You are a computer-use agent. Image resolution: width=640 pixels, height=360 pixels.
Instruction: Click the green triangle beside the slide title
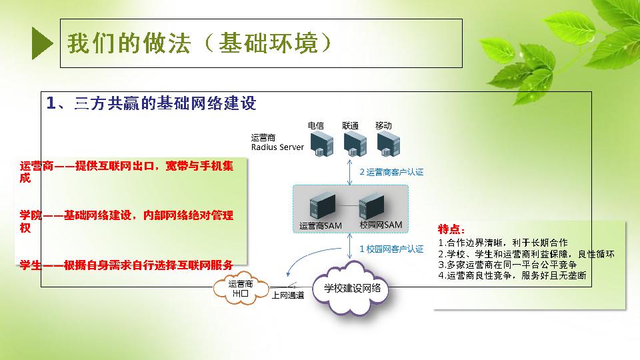click(x=41, y=43)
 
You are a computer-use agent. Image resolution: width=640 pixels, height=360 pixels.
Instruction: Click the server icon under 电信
click(x=321, y=145)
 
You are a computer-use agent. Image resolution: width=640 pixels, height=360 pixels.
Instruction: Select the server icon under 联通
click(x=355, y=145)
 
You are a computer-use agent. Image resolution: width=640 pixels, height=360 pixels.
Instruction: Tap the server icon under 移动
click(x=388, y=145)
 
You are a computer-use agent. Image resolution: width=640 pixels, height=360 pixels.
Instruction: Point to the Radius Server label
click(x=277, y=147)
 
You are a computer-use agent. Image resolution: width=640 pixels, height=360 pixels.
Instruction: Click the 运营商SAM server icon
click(x=323, y=207)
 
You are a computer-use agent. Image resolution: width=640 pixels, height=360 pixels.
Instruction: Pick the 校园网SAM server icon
click(x=371, y=206)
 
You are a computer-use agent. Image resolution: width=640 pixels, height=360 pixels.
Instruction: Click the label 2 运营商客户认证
click(x=391, y=172)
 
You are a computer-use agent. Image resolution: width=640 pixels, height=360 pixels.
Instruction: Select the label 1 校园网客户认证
click(x=391, y=249)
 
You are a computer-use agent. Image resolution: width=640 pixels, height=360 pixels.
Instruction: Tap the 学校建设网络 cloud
click(x=352, y=289)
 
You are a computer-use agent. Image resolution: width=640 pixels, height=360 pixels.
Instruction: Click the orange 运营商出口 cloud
click(x=241, y=289)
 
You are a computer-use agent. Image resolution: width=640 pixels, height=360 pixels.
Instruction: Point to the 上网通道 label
click(x=288, y=295)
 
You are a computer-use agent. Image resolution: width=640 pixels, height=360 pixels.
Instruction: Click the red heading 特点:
click(x=451, y=229)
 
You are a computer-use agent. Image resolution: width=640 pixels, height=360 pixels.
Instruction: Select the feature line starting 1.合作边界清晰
click(x=503, y=243)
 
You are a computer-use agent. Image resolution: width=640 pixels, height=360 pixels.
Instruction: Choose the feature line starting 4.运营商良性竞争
click(x=512, y=275)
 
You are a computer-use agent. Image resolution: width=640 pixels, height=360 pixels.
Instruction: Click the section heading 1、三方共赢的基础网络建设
click(x=151, y=103)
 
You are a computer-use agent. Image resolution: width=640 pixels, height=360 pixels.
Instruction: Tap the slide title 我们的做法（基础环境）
click(x=199, y=43)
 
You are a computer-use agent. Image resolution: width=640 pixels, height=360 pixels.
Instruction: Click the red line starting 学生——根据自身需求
click(x=127, y=265)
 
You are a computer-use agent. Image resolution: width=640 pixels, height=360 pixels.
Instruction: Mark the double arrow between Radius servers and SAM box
click(x=349, y=172)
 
